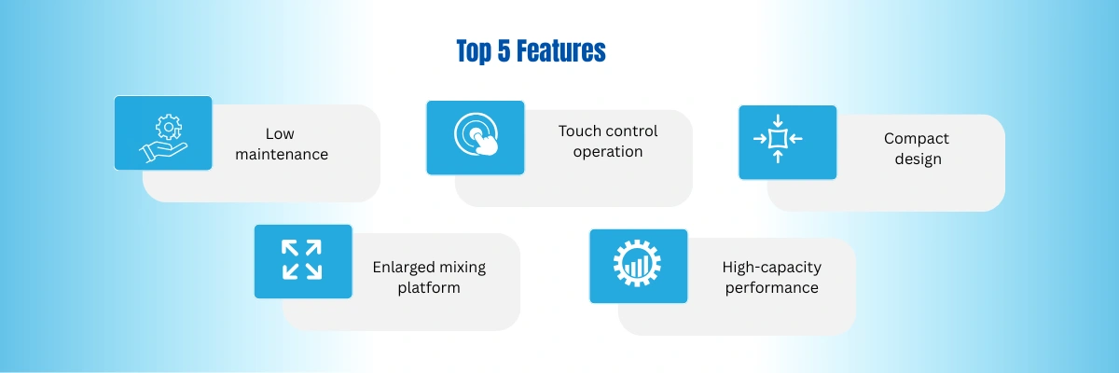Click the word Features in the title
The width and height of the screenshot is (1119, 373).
tap(560, 51)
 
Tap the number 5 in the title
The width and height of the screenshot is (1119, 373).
tap(504, 51)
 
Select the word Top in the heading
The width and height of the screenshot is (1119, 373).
tap(474, 52)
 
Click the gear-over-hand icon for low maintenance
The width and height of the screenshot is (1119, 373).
tap(163, 138)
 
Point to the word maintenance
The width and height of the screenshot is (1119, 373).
tap(282, 154)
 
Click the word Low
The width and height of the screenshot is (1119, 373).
tap(280, 134)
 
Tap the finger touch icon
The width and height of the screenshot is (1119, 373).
tap(477, 134)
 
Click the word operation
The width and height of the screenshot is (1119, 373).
tap(608, 152)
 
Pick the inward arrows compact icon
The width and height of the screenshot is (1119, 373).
tap(778, 138)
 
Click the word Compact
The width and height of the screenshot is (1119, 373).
tap(916, 139)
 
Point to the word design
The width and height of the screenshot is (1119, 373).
tap(919, 159)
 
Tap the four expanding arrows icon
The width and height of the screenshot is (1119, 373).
tap(302, 259)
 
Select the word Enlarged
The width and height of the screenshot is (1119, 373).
tap(404, 268)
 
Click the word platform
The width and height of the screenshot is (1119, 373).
tap(429, 288)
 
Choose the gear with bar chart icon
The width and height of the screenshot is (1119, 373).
tap(638, 264)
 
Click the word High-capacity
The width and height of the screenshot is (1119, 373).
tap(772, 268)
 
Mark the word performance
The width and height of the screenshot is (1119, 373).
tap(772, 288)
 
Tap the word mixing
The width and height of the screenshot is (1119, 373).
tap(463, 268)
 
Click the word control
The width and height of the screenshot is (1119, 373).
tap(632, 131)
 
